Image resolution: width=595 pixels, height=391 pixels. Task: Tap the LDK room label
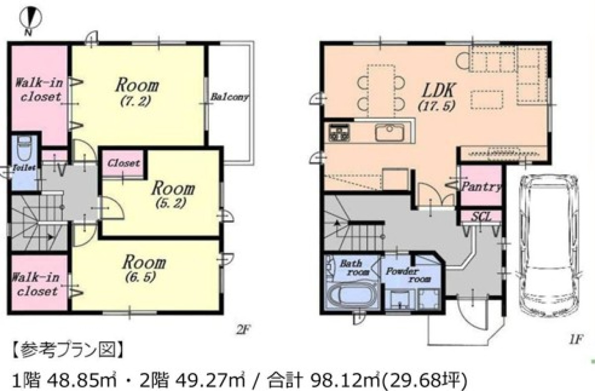pyautogui.click(x=439, y=91)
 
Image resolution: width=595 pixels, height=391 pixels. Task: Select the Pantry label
pyautogui.click(x=481, y=187)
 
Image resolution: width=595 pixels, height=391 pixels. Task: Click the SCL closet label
pyautogui.click(x=481, y=217)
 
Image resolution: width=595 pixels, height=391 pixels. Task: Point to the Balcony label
pyautogui.click(x=230, y=97)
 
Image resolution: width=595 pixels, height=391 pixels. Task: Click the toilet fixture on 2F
pyautogui.click(x=24, y=148)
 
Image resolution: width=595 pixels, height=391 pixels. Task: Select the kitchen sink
pyautogui.click(x=389, y=132)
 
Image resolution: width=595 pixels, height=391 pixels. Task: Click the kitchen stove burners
pyautogui.click(x=339, y=132)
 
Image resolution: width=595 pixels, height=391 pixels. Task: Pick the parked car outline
pyautogui.click(x=549, y=246)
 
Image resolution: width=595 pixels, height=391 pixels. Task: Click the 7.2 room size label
pyautogui.click(x=136, y=101)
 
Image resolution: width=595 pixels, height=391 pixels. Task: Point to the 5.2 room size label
pyautogui.click(x=171, y=203)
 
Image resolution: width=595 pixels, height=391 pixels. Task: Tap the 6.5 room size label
pyautogui.click(x=140, y=277)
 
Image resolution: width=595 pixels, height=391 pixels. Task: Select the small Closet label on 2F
pyautogui.click(x=124, y=163)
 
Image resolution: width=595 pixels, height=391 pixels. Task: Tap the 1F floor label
pyautogui.click(x=576, y=339)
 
